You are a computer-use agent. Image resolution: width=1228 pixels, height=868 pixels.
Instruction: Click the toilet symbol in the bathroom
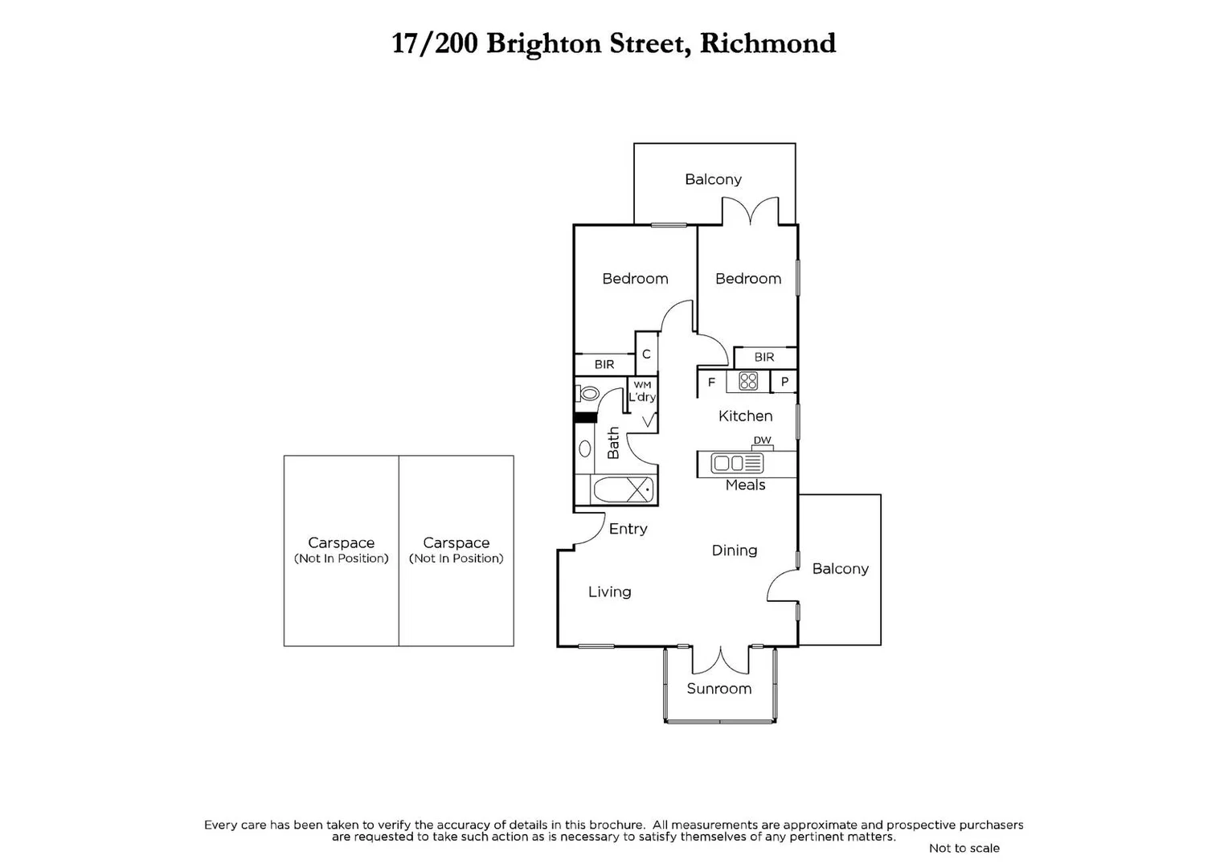[587, 394]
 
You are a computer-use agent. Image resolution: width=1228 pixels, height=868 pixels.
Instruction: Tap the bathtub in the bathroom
[623, 489]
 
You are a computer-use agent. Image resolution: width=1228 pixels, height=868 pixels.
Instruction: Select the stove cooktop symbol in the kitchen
[748, 381]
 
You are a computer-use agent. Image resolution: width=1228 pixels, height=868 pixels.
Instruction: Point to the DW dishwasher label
[762, 440]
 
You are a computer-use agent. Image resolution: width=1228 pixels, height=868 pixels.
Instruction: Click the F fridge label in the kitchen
[711, 383]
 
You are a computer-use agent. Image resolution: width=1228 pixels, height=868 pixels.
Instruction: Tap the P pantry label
[784, 382]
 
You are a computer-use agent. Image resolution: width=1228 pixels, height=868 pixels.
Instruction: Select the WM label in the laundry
[642, 385]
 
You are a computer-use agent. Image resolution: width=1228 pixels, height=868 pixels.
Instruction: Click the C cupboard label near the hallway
[646, 354]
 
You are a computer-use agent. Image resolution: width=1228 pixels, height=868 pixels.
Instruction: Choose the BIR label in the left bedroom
[604, 365]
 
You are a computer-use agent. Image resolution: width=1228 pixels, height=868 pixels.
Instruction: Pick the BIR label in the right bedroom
[764, 357]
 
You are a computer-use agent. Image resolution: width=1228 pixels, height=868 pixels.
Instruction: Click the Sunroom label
[718, 689]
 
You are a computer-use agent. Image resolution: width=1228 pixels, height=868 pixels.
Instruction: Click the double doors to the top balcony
[750, 212]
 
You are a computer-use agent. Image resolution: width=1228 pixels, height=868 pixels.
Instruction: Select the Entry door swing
[592, 528]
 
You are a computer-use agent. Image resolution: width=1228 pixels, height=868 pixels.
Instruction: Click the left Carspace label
[341, 543]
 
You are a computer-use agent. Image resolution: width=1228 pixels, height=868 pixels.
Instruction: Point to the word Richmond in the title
[767, 43]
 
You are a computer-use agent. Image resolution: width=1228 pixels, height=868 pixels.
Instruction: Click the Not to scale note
[964, 848]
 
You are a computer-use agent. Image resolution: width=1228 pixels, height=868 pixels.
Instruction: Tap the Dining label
[734, 551]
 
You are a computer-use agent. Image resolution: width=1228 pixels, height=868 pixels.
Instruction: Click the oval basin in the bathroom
[585, 448]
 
